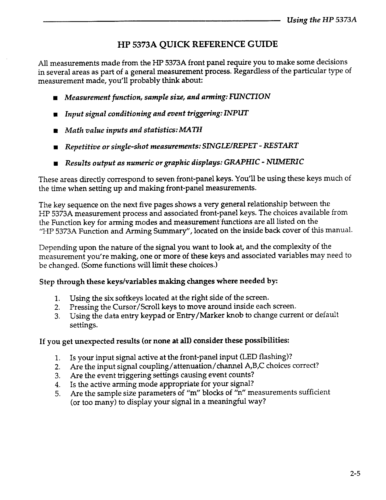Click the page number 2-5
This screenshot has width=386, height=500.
point(355,473)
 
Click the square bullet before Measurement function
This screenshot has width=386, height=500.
point(56,97)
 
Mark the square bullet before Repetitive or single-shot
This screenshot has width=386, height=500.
point(56,147)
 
